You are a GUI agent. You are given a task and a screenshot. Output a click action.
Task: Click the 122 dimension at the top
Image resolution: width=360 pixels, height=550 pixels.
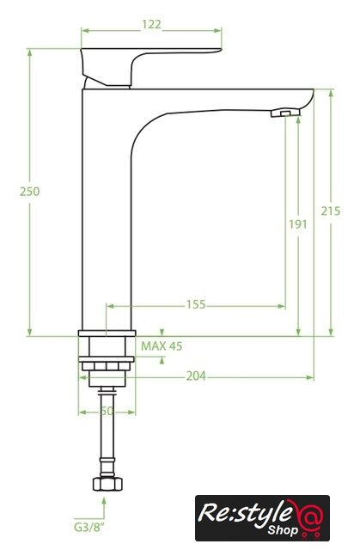pos(151,25)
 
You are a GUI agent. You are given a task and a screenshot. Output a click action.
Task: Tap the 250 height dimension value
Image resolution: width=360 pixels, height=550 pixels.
pos(30,192)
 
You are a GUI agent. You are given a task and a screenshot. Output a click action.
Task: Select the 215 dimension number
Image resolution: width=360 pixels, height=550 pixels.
pos(331,211)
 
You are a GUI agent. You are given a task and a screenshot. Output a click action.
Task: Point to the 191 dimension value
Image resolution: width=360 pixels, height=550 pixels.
pos(298,224)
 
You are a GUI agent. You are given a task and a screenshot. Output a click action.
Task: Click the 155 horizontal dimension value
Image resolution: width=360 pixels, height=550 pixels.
pos(196,304)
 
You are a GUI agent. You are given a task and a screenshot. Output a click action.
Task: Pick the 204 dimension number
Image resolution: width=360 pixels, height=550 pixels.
pos(196,376)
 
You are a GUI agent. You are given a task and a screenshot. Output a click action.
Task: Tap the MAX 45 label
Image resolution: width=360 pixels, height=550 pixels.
pos(162,346)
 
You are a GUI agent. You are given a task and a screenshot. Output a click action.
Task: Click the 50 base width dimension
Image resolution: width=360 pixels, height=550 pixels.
pos(107,411)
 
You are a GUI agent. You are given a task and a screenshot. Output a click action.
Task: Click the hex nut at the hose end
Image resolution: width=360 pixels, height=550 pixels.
pos(107,484)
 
